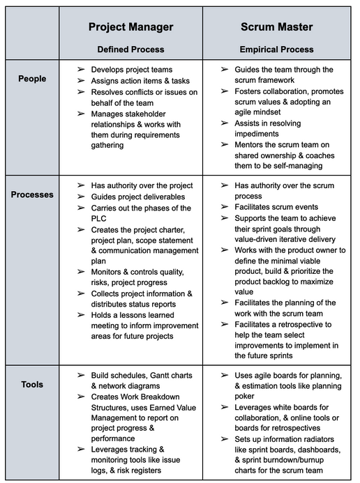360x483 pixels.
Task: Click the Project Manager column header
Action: pyautogui.click(x=130, y=27)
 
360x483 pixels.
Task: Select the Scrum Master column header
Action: pyautogui.click(x=277, y=27)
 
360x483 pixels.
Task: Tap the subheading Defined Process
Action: pyautogui.click(x=130, y=49)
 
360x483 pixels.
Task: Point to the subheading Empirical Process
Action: pyautogui.click(x=277, y=49)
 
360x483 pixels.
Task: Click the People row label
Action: pyautogui.click(x=32, y=79)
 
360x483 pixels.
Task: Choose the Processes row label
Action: pyautogui.click(x=32, y=194)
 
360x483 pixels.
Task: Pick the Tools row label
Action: pyautogui.click(x=32, y=384)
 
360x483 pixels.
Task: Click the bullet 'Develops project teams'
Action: pyautogui.click(x=131, y=70)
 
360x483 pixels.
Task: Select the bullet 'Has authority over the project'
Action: pyautogui.click(x=142, y=185)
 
